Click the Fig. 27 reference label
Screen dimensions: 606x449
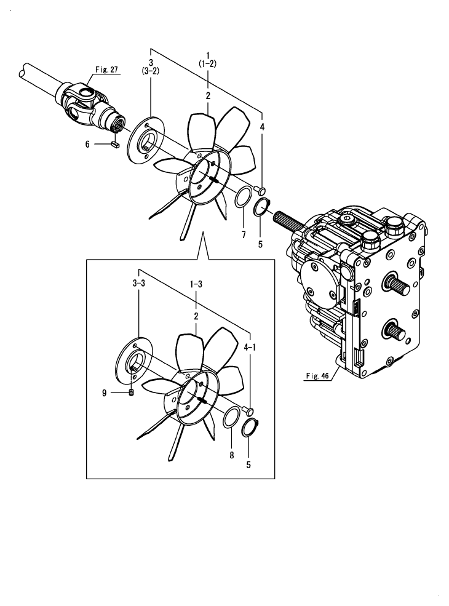point(106,70)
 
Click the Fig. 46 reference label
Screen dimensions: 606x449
point(317,375)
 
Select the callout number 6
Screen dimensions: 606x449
point(88,144)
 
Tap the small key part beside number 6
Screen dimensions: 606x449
point(114,145)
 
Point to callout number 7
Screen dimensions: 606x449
point(243,235)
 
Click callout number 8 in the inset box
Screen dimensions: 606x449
point(231,455)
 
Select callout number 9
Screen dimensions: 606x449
point(105,391)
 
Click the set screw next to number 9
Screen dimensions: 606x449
point(132,393)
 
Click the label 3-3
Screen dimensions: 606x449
point(138,284)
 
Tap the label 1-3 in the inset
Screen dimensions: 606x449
point(196,284)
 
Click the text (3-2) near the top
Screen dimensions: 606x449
point(151,71)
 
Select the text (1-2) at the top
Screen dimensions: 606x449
point(208,63)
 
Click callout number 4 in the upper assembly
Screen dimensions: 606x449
point(262,127)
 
